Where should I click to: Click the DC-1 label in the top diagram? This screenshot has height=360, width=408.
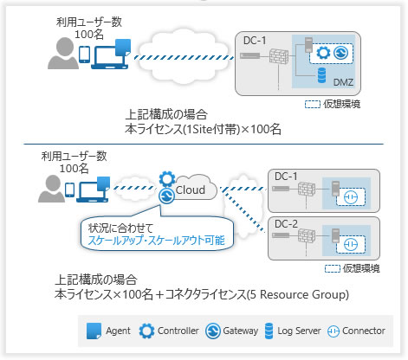tap(254, 41)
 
